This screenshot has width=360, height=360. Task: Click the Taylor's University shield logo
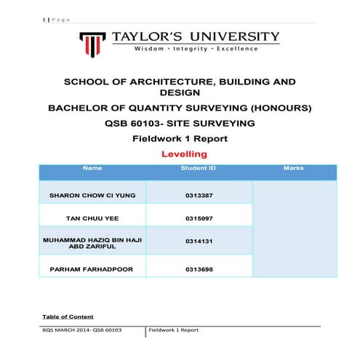(x=93, y=43)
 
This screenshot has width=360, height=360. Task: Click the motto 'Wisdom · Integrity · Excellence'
(x=196, y=49)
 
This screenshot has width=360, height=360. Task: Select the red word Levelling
(x=183, y=154)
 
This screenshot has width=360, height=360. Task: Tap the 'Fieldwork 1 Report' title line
(x=180, y=138)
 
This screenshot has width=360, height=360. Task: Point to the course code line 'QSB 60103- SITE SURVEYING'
(x=180, y=124)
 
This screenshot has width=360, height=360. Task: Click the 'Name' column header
(x=92, y=169)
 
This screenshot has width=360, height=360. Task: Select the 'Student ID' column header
(x=198, y=169)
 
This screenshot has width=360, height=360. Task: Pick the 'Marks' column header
(x=294, y=169)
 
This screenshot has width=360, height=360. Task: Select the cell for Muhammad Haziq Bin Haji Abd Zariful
(x=92, y=241)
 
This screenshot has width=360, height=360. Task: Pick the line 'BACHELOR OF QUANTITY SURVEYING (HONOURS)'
(x=180, y=108)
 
